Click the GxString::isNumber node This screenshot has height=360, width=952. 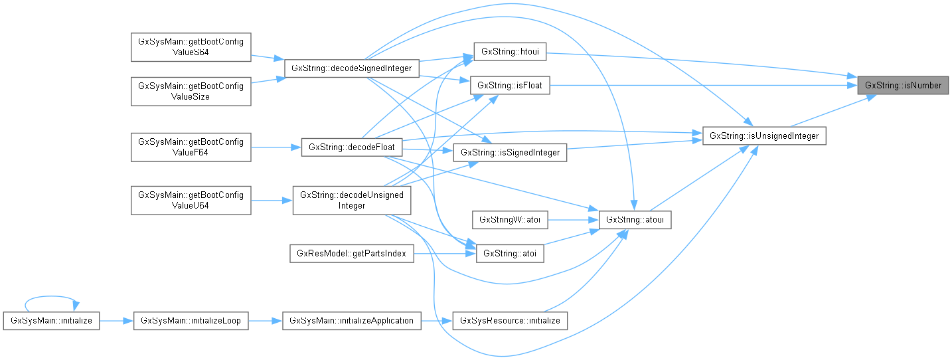[903, 86]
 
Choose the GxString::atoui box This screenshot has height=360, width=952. [635, 219]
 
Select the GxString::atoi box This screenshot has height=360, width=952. [509, 254]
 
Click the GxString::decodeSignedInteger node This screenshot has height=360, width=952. [351, 68]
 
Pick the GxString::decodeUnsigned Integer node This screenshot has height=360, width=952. [352, 200]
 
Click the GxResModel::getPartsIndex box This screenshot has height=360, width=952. [352, 254]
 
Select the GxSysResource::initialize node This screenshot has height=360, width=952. [509, 321]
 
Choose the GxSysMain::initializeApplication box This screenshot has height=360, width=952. [351, 321]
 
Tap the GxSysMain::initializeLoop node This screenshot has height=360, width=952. [191, 321]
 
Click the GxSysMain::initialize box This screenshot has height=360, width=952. [51, 321]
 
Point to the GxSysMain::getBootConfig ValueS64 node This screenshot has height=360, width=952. [191, 47]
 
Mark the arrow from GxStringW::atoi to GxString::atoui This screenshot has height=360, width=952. [573, 219]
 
